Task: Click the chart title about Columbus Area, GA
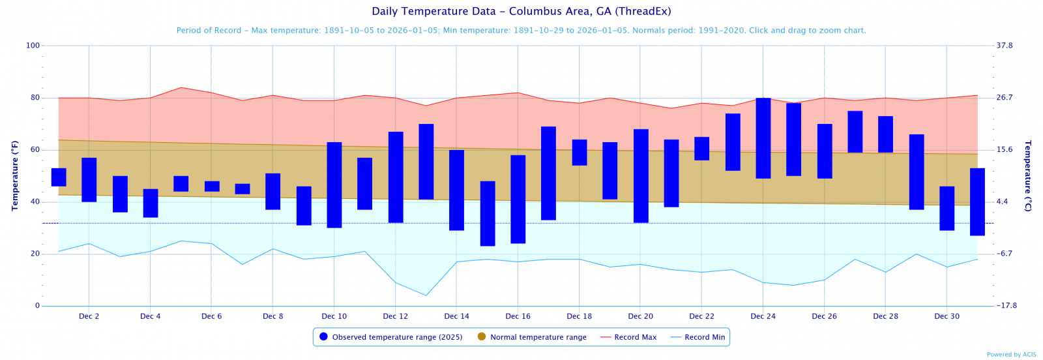521,11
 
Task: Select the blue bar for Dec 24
763,138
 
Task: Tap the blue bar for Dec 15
488,213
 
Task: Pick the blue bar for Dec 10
334,185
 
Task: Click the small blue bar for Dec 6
212,187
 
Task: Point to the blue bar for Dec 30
947,208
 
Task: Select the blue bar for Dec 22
701,149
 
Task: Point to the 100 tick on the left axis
33,46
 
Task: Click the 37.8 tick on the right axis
1005,46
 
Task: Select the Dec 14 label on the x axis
457,316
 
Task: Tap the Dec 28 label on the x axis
886,316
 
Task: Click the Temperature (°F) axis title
14,175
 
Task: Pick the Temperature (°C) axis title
1028,175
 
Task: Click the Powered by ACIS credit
1011,355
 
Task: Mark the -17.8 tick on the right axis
1006,306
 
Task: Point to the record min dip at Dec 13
426,295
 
